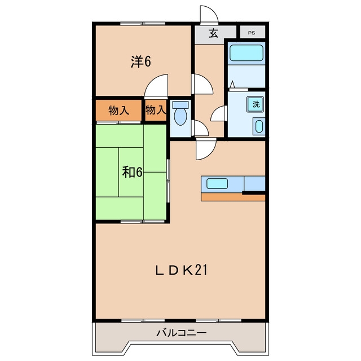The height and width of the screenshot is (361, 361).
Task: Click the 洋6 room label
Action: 141,61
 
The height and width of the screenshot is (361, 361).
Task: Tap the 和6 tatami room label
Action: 132,172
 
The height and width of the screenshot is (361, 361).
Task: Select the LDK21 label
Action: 181,270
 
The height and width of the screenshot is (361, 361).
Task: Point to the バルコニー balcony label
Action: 182,333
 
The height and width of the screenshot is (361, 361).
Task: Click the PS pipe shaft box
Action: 253,32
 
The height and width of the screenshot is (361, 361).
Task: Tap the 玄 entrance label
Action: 213,34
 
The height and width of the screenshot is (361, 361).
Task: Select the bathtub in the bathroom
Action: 246,53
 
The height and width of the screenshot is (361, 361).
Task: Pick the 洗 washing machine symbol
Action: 256,104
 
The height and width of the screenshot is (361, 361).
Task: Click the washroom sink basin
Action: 259,126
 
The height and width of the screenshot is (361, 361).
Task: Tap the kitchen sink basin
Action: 217,183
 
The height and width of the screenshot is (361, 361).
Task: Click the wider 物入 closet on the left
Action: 118,111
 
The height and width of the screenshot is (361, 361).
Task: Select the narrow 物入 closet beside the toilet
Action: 156,111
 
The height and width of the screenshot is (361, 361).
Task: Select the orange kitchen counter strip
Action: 233,197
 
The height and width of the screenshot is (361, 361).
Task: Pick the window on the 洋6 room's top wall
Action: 143,24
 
